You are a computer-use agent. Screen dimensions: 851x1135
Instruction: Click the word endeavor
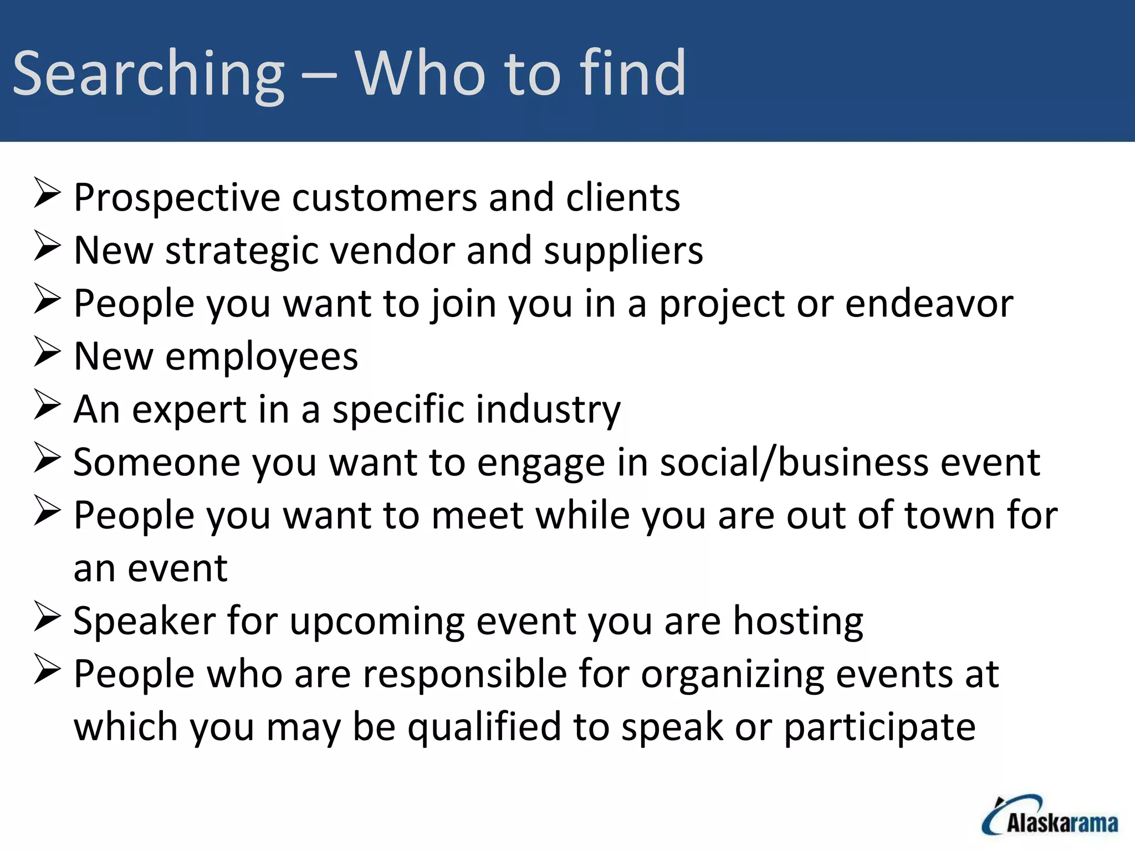(x=929, y=304)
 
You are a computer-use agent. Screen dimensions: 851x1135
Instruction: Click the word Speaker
(x=144, y=621)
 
